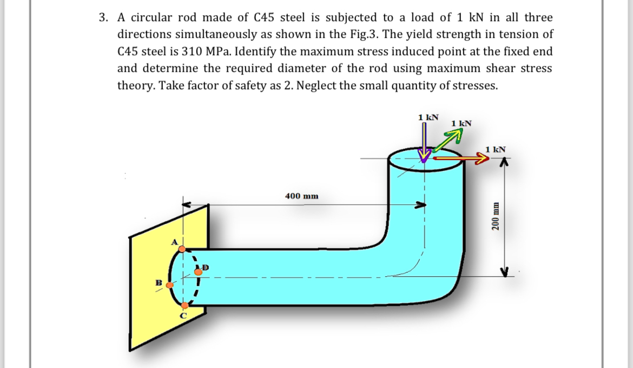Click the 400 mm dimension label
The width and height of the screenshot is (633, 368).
coord(301,196)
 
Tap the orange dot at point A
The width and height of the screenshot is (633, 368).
coord(182,249)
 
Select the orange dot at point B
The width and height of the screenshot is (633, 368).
coord(169,284)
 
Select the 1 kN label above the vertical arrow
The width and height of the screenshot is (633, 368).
coord(429,117)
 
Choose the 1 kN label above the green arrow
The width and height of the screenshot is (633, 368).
coord(461,124)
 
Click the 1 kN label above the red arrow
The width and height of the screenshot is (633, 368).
coord(496,149)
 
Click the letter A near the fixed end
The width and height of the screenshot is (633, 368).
coord(175,242)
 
